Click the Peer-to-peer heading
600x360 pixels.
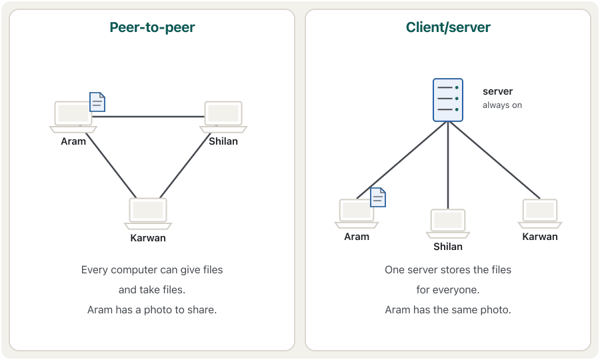pyautogui.click(x=152, y=27)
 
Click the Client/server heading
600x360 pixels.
pyautogui.click(x=448, y=27)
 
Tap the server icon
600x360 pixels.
pyautogui.click(x=448, y=100)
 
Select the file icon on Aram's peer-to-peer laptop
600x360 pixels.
pyautogui.click(x=97, y=102)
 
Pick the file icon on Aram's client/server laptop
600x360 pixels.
pyautogui.click(x=378, y=197)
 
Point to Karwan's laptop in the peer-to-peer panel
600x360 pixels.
pyautogui.click(x=148, y=214)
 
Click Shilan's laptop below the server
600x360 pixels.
pyautogui.click(x=448, y=223)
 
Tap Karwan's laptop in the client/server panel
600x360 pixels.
pyautogui.click(x=540, y=214)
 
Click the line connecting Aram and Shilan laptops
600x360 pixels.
pyautogui.click(x=149, y=117)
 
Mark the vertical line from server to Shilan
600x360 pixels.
pyautogui.click(x=448, y=165)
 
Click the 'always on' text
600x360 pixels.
pyautogui.click(x=502, y=105)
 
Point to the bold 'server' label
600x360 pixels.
pyautogui.click(x=497, y=91)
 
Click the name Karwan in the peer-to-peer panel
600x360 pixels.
pyautogui.click(x=148, y=238)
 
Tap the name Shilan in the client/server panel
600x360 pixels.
pyautogui.click(x=448, y=247)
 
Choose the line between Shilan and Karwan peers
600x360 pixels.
pyautogui.click(x=185, y=165)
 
